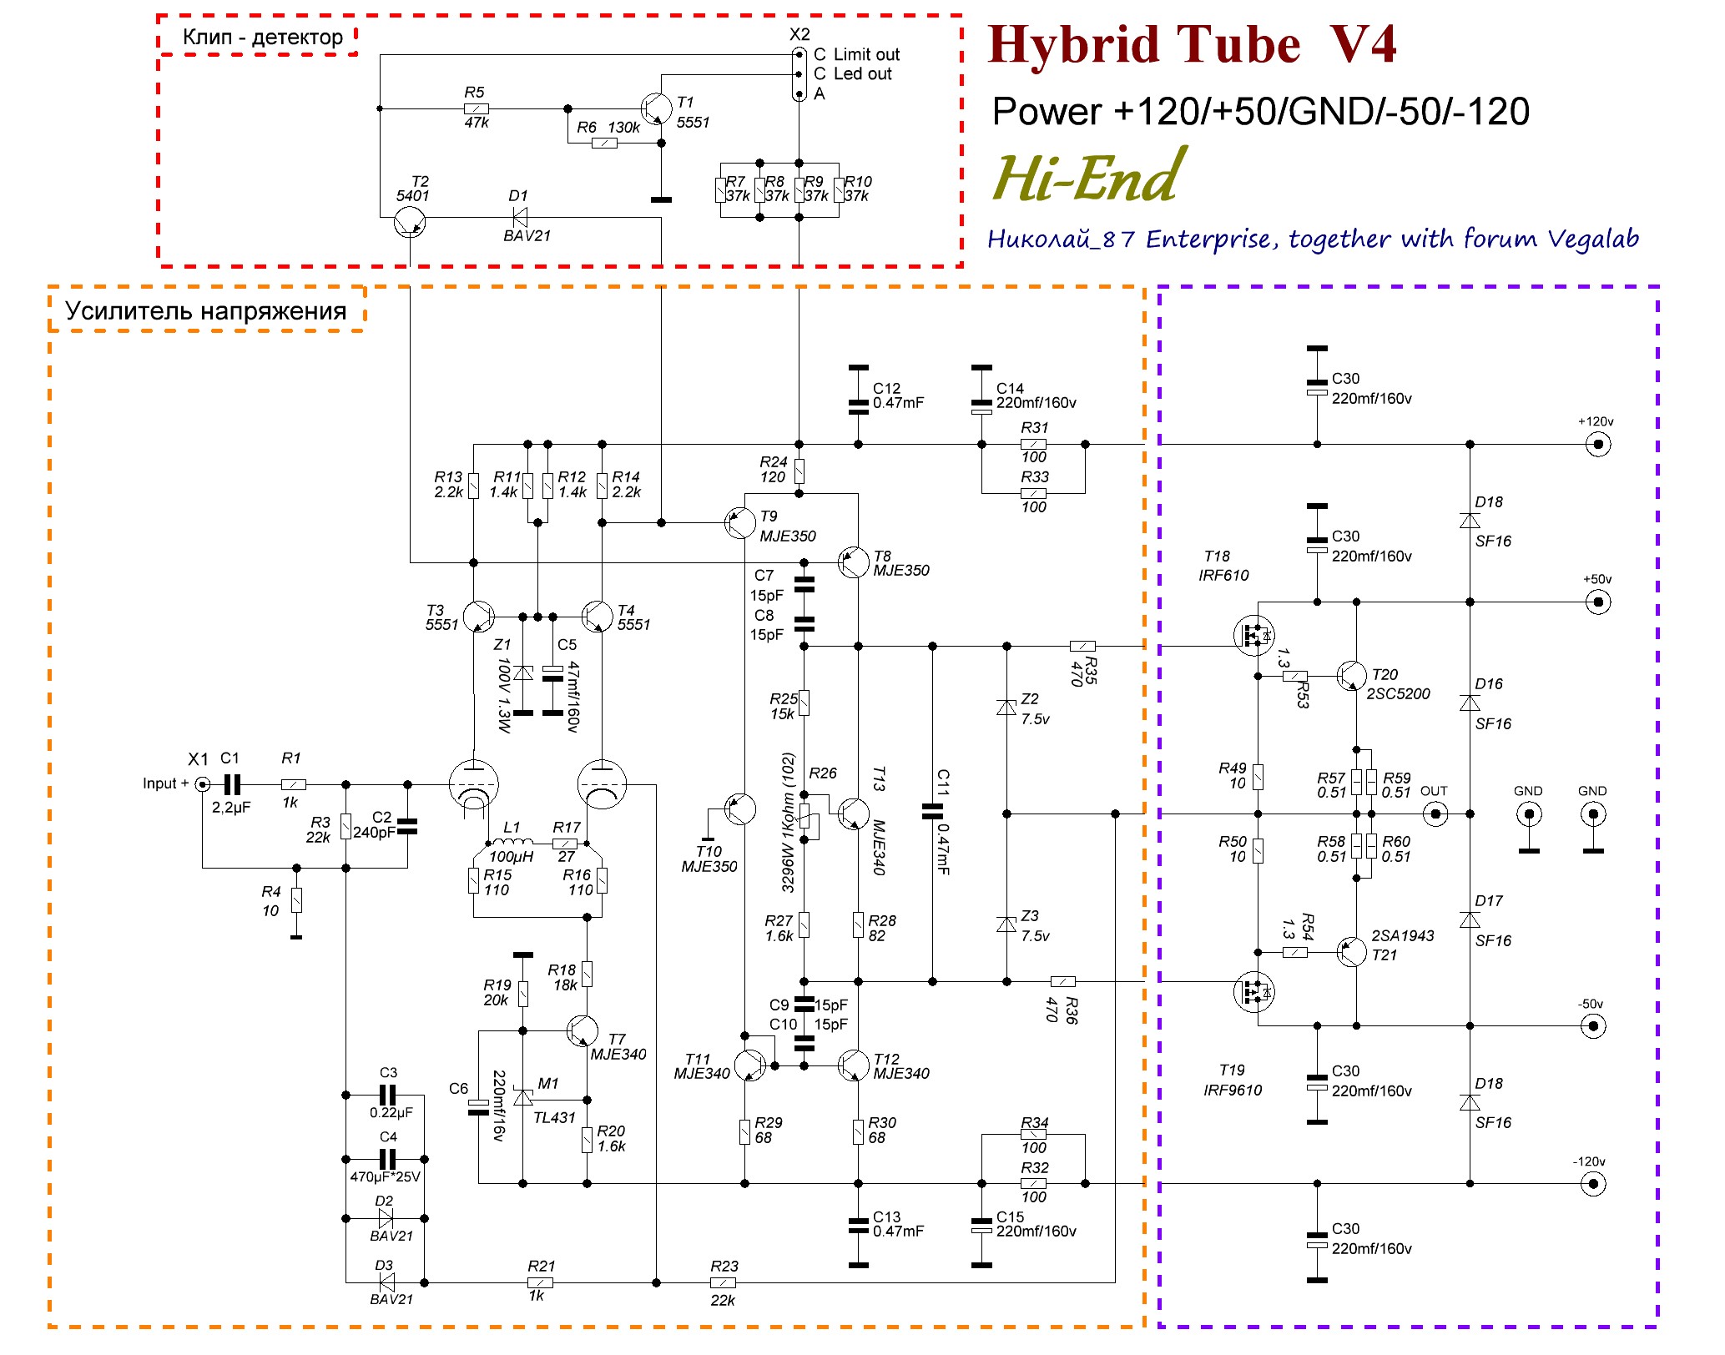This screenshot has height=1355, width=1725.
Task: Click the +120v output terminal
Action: tap(1597, 445)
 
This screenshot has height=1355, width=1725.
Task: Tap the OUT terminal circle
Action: tap(1435, 814)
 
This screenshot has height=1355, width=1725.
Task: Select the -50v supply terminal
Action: tap(1593, 1025)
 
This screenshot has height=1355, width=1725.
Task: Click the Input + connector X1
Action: tap(202, 784)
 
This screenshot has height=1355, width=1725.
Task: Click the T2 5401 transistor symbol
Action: tap(409, 223)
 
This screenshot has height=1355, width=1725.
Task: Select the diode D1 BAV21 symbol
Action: tap(519, 218)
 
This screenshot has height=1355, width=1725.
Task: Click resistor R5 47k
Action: tap(476, 108)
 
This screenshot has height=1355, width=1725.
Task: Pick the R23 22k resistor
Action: tap(723, 1282)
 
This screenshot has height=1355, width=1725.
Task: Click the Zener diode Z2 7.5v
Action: tap(1006, 708)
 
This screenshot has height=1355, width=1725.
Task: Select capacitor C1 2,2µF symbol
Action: tap(232, 784)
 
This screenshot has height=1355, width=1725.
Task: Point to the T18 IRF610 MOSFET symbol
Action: tap(1253, 635)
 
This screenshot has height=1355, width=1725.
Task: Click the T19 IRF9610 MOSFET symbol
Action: tap(1253, 992)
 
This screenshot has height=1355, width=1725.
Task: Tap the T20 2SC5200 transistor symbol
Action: tap(1351, 676)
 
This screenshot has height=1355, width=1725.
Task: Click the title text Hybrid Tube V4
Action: tap(1192, 45)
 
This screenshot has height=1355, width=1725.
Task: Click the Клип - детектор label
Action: tap(262, 38)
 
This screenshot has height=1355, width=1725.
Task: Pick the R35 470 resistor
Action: tap(1082, 646)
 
